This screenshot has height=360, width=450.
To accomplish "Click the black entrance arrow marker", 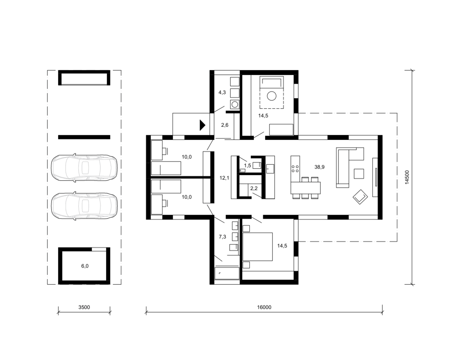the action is (x=202, y=125).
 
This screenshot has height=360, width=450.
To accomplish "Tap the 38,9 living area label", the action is (x=319, y=167).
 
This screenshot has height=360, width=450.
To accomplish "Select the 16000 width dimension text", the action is (x=264, y=307).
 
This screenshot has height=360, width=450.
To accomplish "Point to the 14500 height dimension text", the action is (x=407, y=177).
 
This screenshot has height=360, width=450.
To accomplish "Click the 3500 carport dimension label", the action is (x=84, y=307).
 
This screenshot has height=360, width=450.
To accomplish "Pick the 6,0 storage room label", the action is (x=85, y=266).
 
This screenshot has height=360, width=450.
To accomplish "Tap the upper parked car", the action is (x=84, y=168).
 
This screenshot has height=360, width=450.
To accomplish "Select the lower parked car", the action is (x=84, y=206).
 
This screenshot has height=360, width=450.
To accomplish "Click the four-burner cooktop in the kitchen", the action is (x=295, y=169).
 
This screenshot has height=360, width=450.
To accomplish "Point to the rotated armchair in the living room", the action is (x=360, y=197).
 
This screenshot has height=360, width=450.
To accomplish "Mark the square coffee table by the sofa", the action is (x=359, y=174).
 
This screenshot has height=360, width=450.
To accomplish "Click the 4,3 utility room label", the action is (x=222, y=92).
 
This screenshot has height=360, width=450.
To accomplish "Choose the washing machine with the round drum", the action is (x=235, y=104).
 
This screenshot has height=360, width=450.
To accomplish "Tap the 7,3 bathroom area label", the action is (x=222, y=237).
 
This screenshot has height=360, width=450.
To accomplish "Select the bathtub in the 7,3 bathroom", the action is (x=227, y=273).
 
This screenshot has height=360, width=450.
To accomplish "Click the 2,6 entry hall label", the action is (x=225, y=125).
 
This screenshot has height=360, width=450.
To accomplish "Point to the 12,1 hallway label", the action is (x=224, y=178).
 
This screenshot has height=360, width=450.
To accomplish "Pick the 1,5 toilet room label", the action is (x=247, y=166).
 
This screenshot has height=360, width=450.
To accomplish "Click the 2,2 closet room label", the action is (x=254, y=188).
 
